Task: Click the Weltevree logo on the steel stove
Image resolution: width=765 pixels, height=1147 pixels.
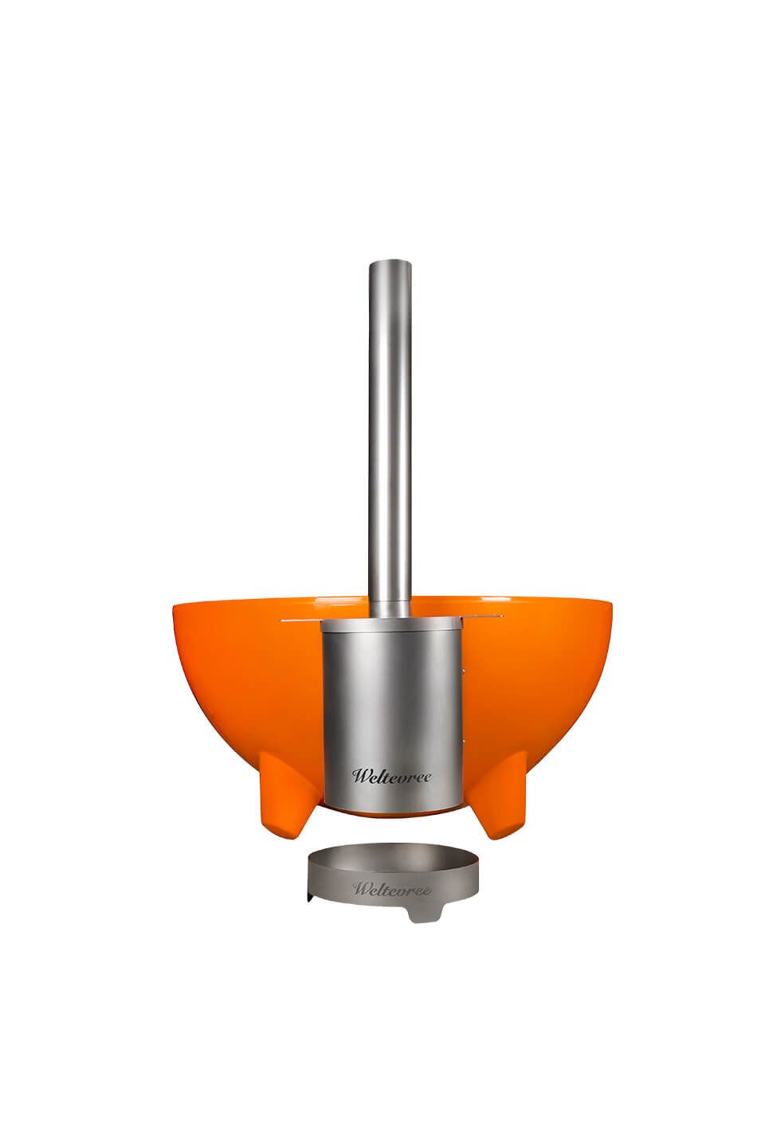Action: (391, 777)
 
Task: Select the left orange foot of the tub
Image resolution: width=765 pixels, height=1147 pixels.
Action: (292, 794)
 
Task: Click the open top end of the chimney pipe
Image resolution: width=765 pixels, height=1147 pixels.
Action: (390, 263)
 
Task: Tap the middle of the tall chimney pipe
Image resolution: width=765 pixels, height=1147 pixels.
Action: (390, 439)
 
